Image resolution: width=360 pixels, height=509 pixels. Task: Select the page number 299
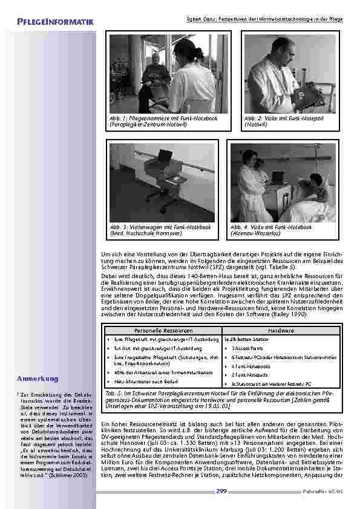221,491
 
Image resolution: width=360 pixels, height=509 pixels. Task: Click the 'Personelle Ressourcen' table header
163,331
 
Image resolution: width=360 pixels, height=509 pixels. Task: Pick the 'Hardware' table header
281,331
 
